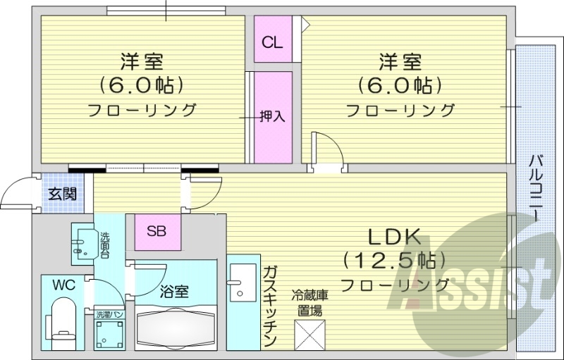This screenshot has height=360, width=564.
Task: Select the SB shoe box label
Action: [x=157, y=230]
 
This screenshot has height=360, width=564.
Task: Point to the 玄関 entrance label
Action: [x=62, y=194]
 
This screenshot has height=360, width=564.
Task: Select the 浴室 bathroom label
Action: [x=174, y=290]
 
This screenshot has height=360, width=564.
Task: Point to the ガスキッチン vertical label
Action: [x=269, y=306]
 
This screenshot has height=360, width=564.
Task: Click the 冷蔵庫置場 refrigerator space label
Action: [x=310, y=302]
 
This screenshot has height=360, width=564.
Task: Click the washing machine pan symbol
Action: [x=110, y=335]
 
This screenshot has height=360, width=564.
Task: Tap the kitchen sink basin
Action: [x=244, y=280]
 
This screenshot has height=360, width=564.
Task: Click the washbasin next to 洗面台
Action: [x=83, y=243]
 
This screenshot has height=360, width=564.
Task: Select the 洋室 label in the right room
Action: [x=400, y=62]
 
